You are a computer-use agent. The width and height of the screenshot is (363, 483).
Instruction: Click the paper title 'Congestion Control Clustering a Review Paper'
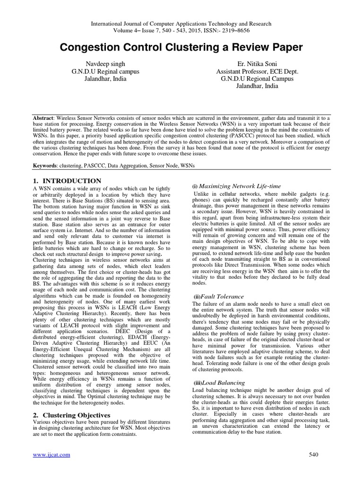pos(181,48)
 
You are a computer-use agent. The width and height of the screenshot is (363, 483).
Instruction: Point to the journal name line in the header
pos(181,23)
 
